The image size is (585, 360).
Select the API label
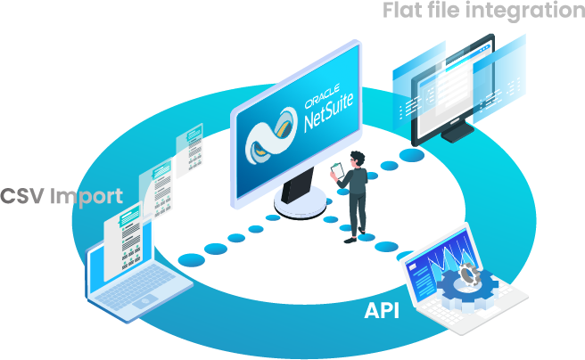point(381,311)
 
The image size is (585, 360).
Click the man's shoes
point(354,236)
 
